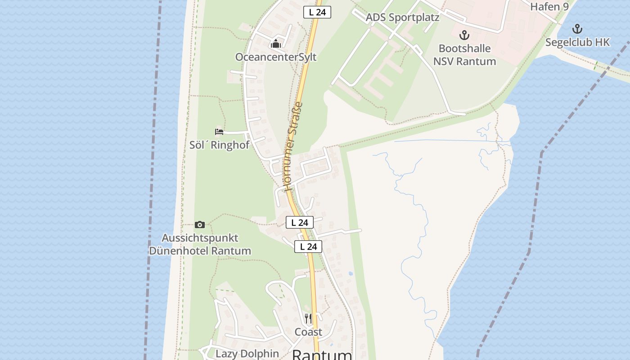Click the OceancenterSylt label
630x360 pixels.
[x=276, y=57]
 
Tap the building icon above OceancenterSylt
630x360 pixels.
[x=276, y=44]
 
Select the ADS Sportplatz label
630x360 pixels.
[x=402, y=18]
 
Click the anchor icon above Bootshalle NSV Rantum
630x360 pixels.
[x=464, y=35]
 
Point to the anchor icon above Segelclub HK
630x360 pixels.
[x=577, y=29]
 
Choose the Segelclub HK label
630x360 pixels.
[x=577, y=42]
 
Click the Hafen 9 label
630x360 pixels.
[x=549, y=6]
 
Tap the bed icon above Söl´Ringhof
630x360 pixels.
[x=219, y=132]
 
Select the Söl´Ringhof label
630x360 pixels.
[x=219, y=145]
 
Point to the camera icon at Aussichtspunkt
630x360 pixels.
[x=200, y=225]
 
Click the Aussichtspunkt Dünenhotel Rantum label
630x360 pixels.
[x=200, y=244]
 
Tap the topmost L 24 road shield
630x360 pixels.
[x=317, y=12]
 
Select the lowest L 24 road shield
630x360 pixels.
[x=308, y=247]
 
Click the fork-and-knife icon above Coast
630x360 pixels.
[x=308, y=319]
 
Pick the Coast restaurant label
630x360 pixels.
[x=308, y=332]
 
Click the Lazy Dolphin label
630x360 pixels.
[x=247, y=354]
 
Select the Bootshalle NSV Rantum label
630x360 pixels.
[x=464, y=55]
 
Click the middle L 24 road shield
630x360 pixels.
[x=300, y=222]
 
